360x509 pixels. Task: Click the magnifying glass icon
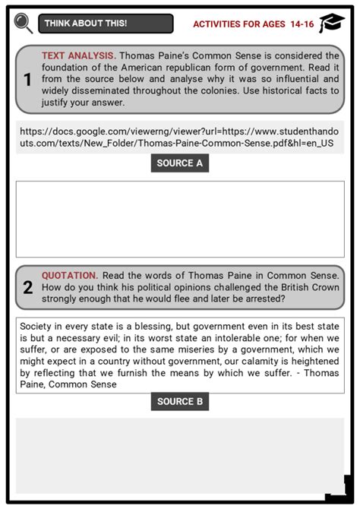click(23, 24)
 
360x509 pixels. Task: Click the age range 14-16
click(302, 24)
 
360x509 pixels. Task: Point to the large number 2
click(27, 288)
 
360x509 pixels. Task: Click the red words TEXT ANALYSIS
click(78, 56)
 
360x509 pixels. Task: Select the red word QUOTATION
click(69, 275)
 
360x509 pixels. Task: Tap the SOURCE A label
click(179, 163)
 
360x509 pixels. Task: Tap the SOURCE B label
click(179, 402)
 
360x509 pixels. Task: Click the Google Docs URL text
click(179, 137)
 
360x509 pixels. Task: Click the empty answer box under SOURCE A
click(179, 219)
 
